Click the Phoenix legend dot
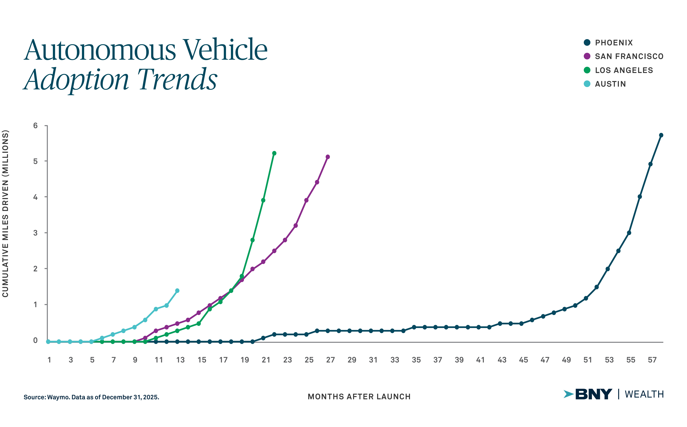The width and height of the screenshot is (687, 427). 587,43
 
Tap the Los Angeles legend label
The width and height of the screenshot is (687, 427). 624,70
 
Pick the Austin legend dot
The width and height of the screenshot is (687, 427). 587,84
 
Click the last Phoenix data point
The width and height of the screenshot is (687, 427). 661,135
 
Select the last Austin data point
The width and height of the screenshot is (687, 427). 177,291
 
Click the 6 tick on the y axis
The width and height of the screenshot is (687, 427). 36,126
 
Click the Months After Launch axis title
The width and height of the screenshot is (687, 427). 359,397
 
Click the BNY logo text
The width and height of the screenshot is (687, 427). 593,394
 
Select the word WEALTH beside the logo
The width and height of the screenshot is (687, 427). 644,394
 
